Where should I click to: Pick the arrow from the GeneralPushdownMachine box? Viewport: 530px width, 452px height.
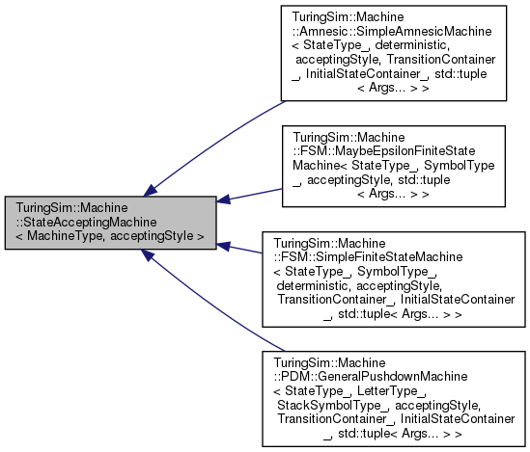(212, 304)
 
